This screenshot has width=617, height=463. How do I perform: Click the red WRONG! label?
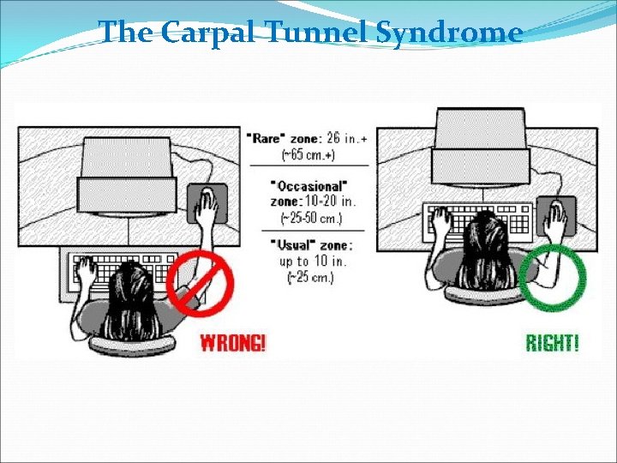[x=233, y=343]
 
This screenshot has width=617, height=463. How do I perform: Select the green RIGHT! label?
[x=552, y=343]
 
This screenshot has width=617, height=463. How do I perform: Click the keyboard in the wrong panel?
[x=120, y=273]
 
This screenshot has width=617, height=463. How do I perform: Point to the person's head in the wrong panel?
[x=133, y=296]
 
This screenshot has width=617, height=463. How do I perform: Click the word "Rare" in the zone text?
[x=266, y=137]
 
